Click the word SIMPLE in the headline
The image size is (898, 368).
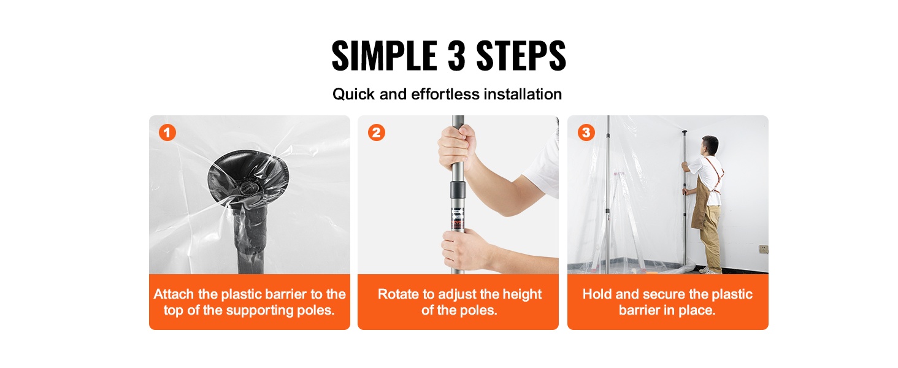point(384,56)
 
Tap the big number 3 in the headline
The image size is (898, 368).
point(456,56)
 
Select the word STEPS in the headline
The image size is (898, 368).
point(521,56)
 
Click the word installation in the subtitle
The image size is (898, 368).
point(523,94)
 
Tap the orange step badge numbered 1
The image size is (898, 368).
point(167,132)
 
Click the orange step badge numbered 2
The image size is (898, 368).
point(377,132)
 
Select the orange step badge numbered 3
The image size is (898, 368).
point(586,132)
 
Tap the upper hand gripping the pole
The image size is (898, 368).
point(456,147)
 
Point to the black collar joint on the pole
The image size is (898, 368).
point(457,189)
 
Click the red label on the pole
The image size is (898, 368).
point(458,223)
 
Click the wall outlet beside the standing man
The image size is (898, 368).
point(764,249)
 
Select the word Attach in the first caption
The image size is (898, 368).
point(174,294)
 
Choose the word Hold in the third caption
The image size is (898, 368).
point(597,294)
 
